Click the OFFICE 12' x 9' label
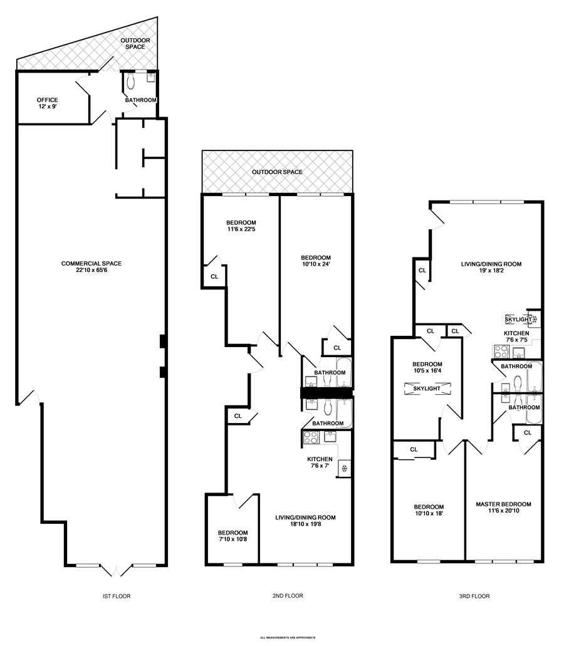click(47, 103)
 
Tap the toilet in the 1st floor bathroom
click(130, 81)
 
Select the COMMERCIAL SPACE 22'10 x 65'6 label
click(91, 267)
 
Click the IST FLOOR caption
click(117, 597)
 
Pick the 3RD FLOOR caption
click(474, 597)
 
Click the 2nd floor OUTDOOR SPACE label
click(277, 172)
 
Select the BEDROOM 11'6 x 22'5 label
click(241, 226)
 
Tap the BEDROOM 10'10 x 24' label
click(315, 261)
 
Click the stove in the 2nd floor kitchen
click(311, 437)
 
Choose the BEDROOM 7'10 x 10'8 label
click(232, 536)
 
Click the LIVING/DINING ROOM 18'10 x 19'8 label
click(305, 521)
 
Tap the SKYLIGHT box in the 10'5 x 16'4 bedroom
click(427, 388)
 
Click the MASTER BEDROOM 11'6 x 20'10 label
click(503, 508)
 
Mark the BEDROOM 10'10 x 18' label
click(429, 511)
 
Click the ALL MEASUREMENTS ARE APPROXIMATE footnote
click(288, 638)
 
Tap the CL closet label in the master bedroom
click(527, 432)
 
